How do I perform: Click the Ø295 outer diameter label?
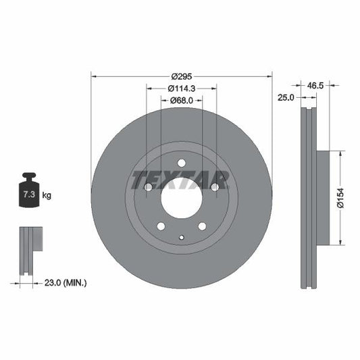click(181, 76)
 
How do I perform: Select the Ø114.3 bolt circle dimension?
click(181, 88)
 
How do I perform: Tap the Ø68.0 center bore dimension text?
click(181, 101)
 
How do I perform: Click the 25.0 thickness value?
click(286, 98)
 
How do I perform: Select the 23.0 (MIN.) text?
click(65, 282)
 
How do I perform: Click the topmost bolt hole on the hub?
click(181, 162)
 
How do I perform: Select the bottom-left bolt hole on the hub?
click(160, 226)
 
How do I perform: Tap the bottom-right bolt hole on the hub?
click(202, 226)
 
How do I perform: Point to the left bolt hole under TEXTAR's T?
click(147, 186)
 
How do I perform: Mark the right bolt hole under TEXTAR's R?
click(215, 186)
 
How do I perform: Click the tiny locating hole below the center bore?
click(181, 236)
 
